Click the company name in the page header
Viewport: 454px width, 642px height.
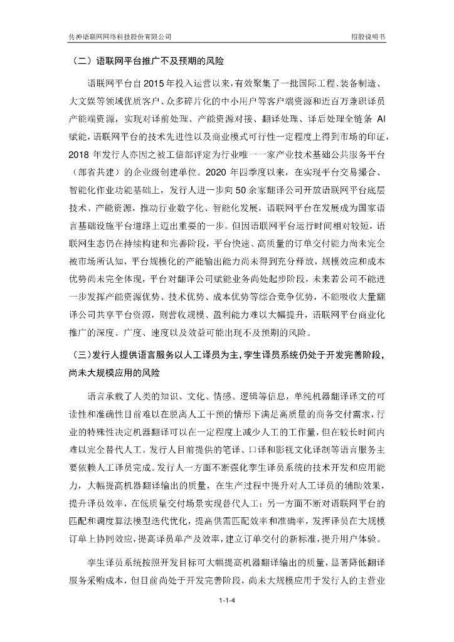120,38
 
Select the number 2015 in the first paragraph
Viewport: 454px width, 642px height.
157,84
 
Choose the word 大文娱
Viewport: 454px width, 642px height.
81,102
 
